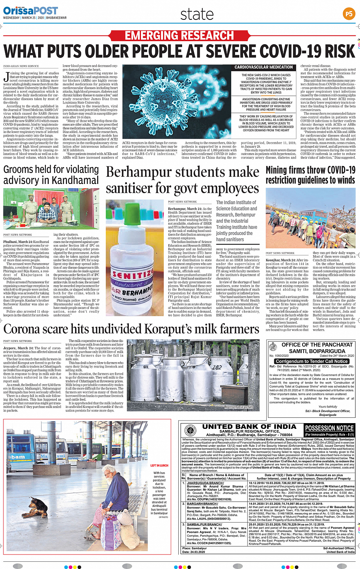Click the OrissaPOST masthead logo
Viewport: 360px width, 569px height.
(x=30, y=11)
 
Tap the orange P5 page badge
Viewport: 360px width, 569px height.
(x=349, y=14)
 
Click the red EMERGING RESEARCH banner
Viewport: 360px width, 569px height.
(x=179, y=36)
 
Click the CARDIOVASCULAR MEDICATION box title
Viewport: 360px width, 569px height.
(x=264, y=67)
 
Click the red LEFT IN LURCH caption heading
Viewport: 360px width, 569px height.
(x=159, y=465)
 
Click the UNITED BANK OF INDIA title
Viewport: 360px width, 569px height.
(x=249, y=427)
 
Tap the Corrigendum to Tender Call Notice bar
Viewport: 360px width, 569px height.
(x=312, y=361)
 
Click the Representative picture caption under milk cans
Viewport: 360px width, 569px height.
(x=238, y=407)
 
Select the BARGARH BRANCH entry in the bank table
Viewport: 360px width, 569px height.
(x=202, y=504)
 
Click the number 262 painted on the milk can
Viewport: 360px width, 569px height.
(x=217, y=367)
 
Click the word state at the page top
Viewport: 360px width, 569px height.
(x=197, y=14)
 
